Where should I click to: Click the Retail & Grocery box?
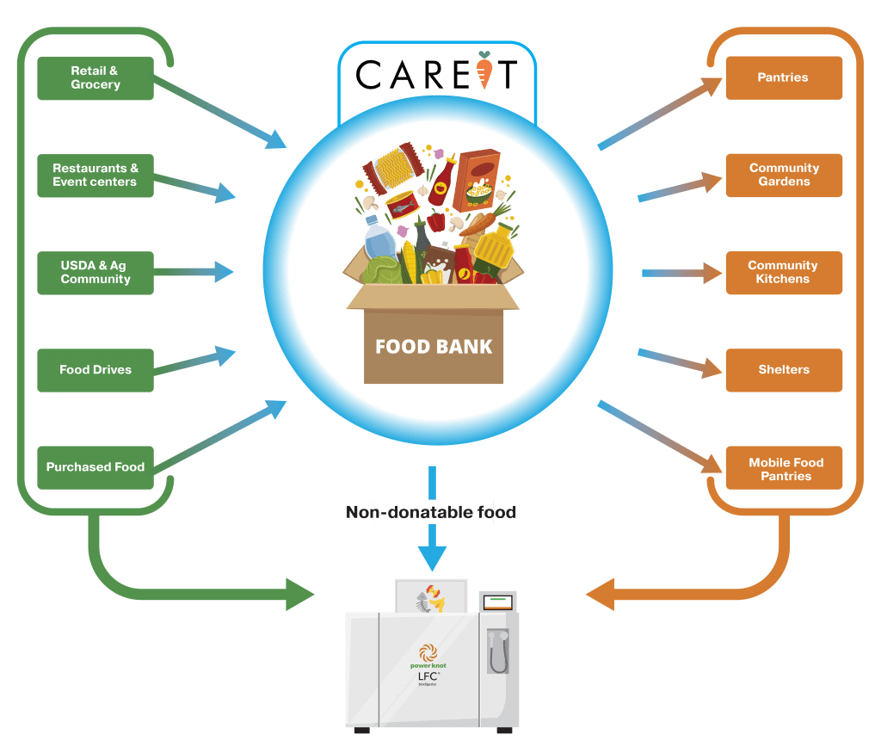point(95,78)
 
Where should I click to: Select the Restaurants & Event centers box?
point(95,176)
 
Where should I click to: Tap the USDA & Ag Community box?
point(95,273)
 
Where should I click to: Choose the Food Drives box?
point(95,370)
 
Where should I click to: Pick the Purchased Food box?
point(95,467)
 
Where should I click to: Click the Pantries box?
point(783,78)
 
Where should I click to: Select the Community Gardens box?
point(783,176)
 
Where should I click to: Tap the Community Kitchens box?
point(783,273)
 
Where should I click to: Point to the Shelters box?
point(783,370)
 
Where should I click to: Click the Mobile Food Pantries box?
point(783,469)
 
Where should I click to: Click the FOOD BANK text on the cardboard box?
point(434,347)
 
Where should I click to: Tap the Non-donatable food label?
point(432,513)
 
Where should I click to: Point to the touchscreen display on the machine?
point(497,602)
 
